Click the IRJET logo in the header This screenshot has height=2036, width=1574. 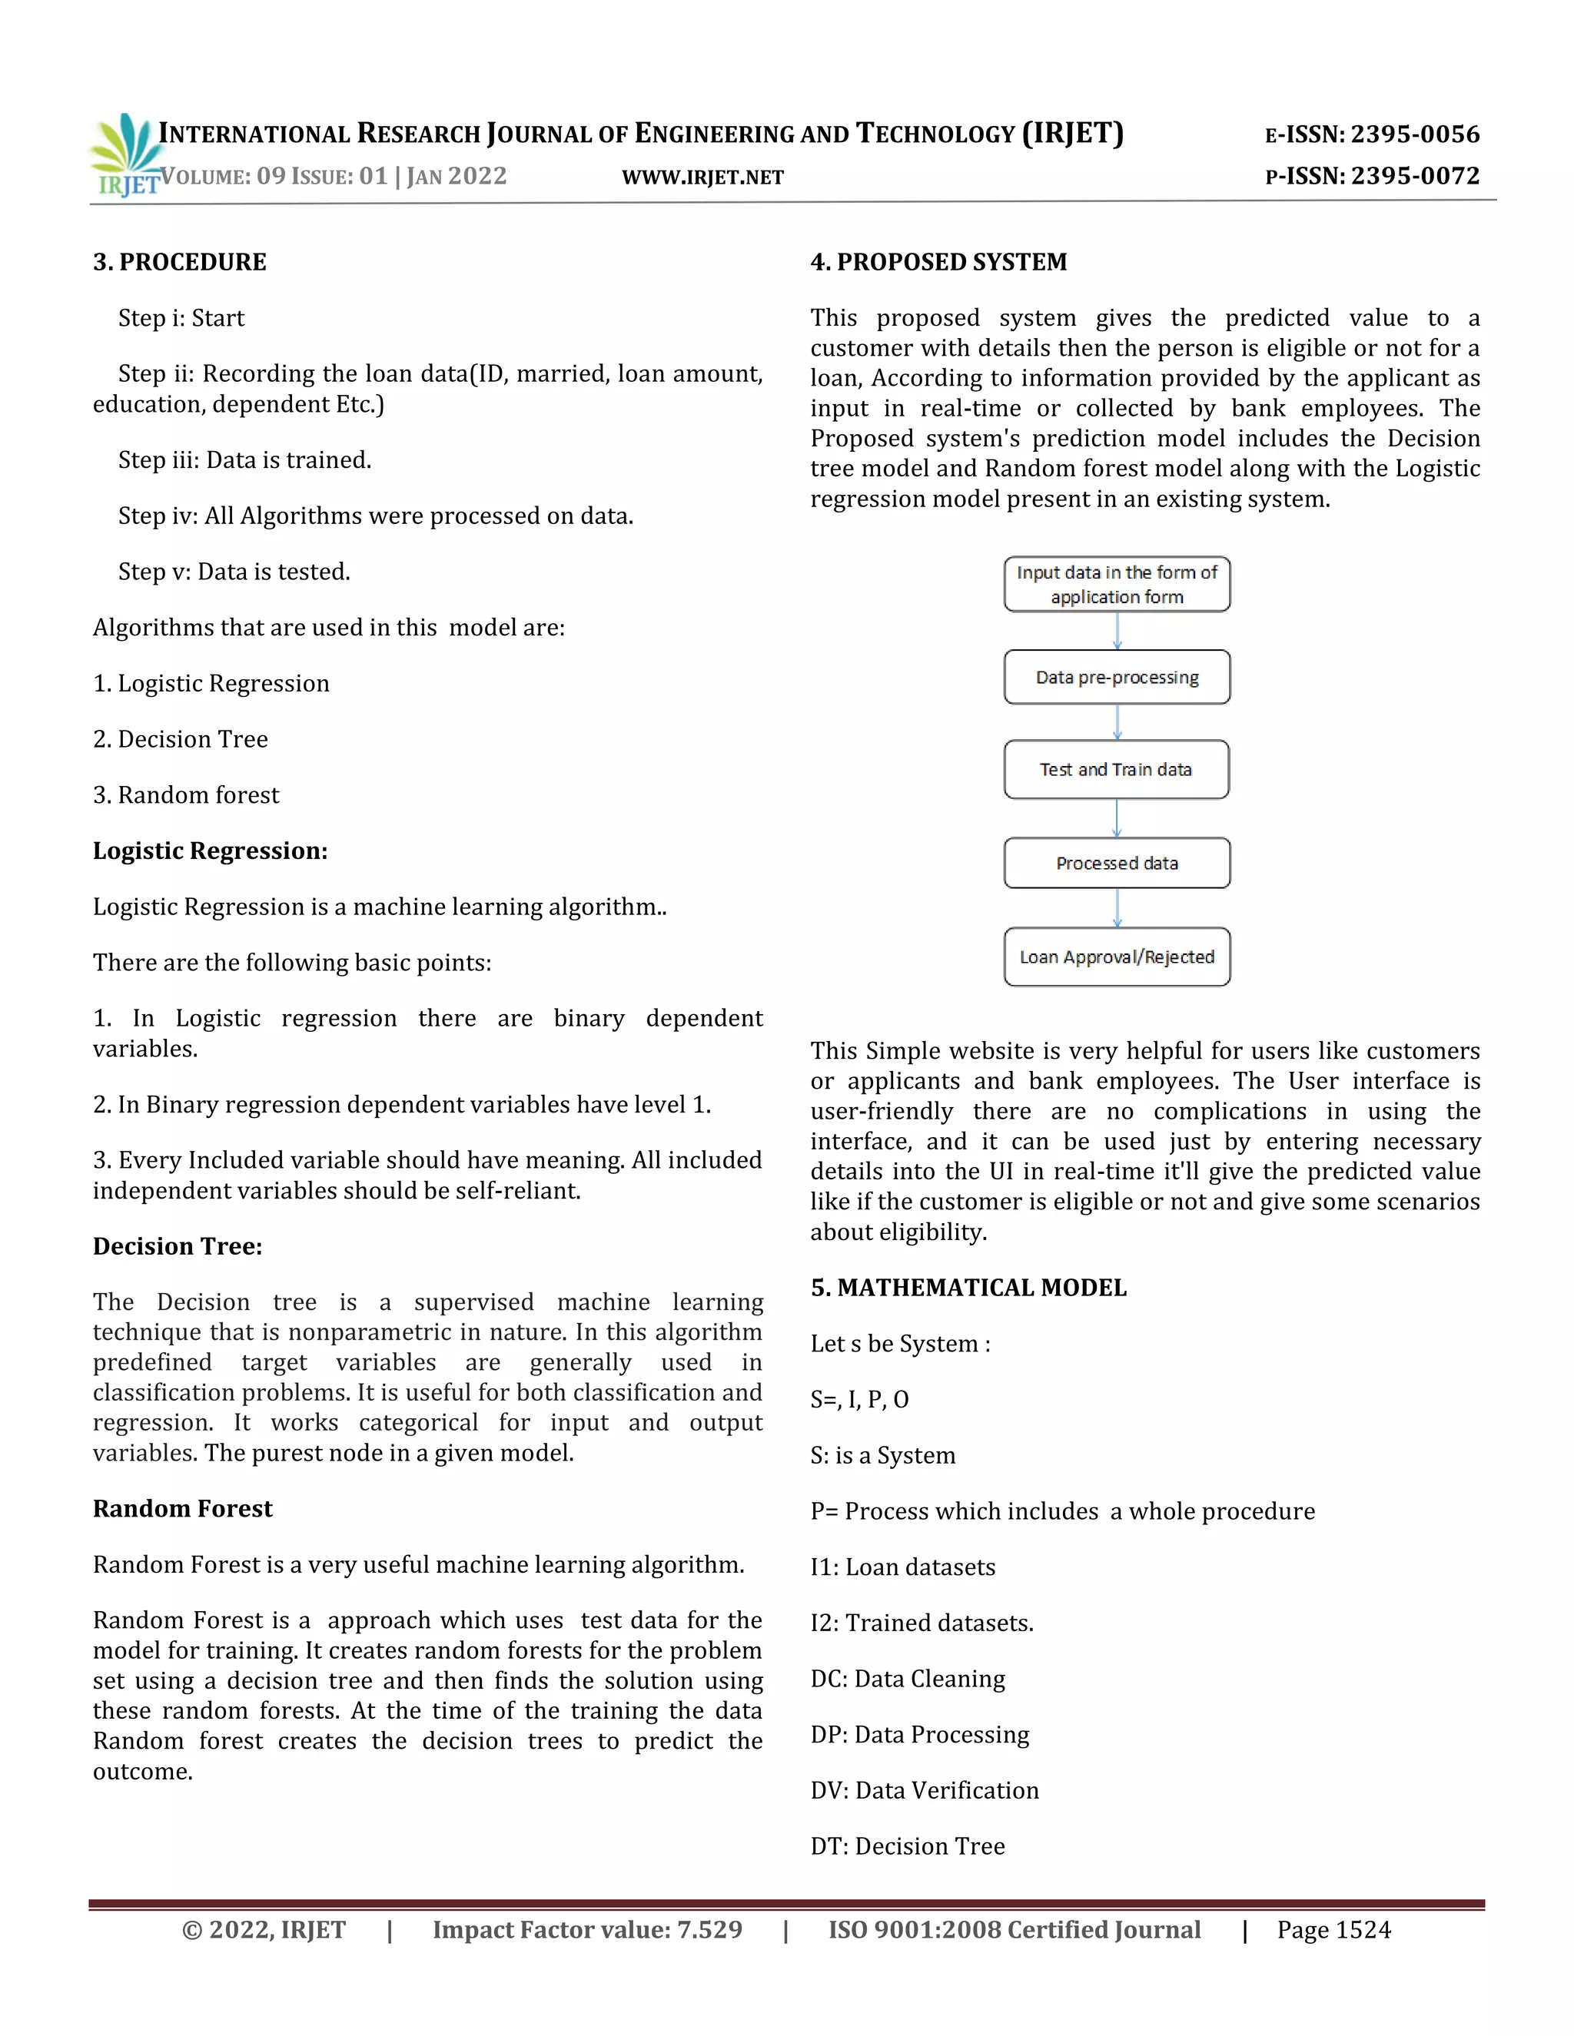[x=124, y=154]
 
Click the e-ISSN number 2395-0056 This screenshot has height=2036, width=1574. [x=1415, y=134]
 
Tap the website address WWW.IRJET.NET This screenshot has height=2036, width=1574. [x=702, y=177]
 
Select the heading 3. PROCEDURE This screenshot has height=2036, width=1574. [x=179, y=262]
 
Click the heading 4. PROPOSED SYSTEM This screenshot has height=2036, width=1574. [x=938, y=262]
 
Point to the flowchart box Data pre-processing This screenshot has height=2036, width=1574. [x=1116, y=677]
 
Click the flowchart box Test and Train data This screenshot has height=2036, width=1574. [x=1116, y=769]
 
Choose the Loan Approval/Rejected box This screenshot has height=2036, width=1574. [x=1116, y=957]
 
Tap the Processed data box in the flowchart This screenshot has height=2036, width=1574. [x=1116, y=864]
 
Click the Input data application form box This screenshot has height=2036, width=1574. [x=1116, y=585]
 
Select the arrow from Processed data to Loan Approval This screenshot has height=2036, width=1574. [x=1117, y=908]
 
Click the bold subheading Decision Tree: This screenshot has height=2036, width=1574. [x=178, y=1246]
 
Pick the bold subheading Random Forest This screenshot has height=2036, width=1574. [x=183, y=1508]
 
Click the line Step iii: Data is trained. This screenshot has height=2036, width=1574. [x=244, y=459]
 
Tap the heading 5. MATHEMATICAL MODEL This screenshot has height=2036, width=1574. [x=968, y=1288]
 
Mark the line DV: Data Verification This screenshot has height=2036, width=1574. [x=924, y=1790]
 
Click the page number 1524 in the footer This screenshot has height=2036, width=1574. [x=1363, y=1930]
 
